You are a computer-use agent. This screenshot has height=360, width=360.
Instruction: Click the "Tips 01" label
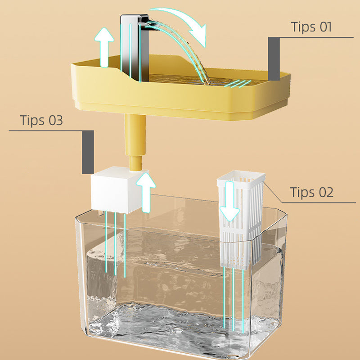click(x=311, y=27)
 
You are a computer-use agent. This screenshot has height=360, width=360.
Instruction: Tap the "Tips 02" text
click(x=311, y=192)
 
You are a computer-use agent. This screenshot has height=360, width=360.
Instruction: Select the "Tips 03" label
click(x=41, y=121)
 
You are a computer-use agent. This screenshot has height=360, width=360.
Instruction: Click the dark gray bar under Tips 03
click(x=88, y=152)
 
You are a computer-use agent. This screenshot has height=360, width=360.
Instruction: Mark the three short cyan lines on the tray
click(x=236, y=83)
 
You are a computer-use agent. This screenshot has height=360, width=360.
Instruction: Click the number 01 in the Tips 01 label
click(x=323, y=27)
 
